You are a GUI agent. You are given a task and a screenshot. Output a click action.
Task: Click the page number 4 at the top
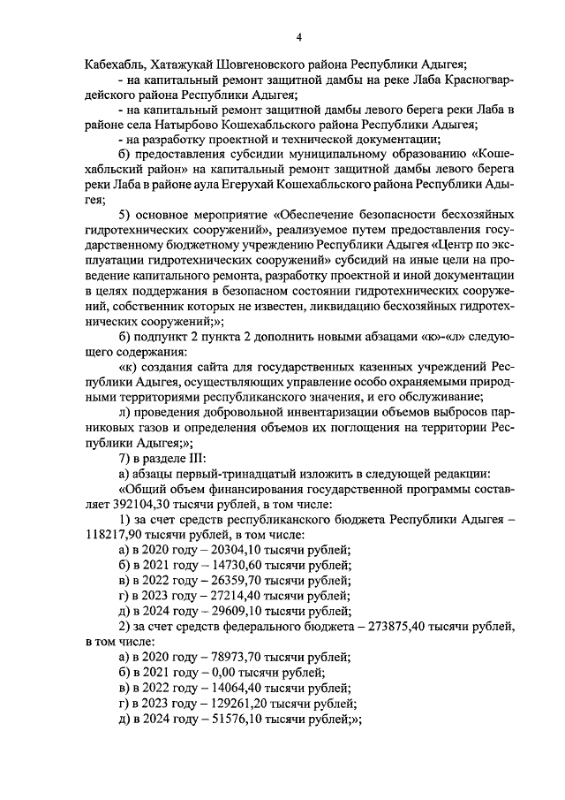[299, 36]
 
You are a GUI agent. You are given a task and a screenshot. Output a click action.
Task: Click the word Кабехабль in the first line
[115, 65]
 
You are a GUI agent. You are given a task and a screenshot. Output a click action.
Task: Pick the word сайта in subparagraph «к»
[199, 367]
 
